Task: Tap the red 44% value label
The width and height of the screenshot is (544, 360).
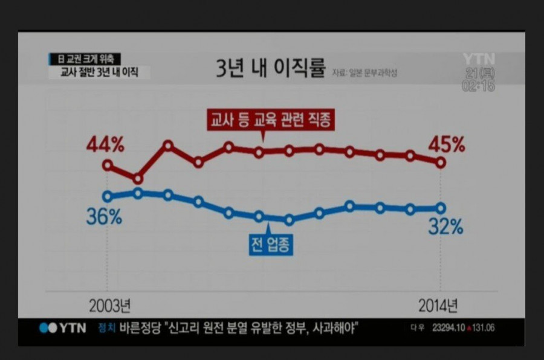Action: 105,145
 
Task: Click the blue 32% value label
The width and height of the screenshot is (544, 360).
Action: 445,227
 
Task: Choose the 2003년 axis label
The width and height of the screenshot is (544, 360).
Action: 109,305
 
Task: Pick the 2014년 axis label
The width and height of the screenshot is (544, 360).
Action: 438,305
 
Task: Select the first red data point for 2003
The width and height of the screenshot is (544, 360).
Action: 108,164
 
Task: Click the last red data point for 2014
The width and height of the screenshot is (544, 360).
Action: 441,162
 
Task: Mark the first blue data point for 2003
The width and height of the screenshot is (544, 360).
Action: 108,196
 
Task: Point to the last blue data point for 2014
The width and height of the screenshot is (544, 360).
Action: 441,208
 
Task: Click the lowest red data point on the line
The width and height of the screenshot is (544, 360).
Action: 138,179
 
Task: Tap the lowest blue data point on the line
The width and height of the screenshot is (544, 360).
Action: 289,220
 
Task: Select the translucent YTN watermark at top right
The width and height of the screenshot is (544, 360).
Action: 479,59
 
